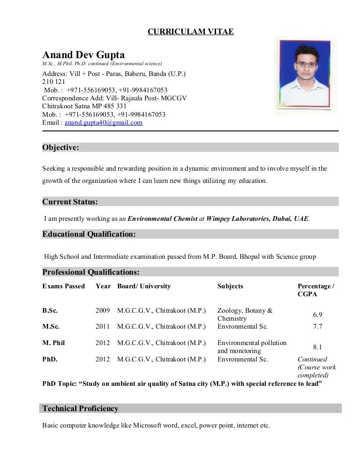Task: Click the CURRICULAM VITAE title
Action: pyautogui.click(x=190, y=32)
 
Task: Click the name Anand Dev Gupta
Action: pyautogui.click(x=83, y=55)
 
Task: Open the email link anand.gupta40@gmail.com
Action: pyautogui.click(x=104, y=123)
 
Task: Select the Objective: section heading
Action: pyautogui.click(x=61, y=148)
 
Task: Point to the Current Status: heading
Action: pyautogui.click(x=70, y=202)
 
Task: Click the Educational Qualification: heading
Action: pyautogui.click(x=89, y=234)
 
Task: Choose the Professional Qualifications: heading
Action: pyautogui.click(x=91, y=272)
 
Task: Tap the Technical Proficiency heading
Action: pyautogui.click(x=81, y=409)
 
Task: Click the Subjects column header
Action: pyautogui.click(x=230, y=286)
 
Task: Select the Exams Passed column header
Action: pyautogui.click(x=64, y=286)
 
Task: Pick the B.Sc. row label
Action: pyautogui.click(x=50, y=310)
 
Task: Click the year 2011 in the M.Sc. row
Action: pyautogui.click(x=103, y=327)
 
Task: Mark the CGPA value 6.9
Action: pyautogui.click(x=317, y=315)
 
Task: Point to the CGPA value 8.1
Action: pyautogui.click(x=317, y=347)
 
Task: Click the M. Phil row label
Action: pyautogui.click(x=53, y=343)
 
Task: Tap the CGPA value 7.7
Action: pyautogui.click(x=317, y=327)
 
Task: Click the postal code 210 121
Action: pyautogui.click(x=53, y=82)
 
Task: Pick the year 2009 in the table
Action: pyautogui.click(x=103, y=310)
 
